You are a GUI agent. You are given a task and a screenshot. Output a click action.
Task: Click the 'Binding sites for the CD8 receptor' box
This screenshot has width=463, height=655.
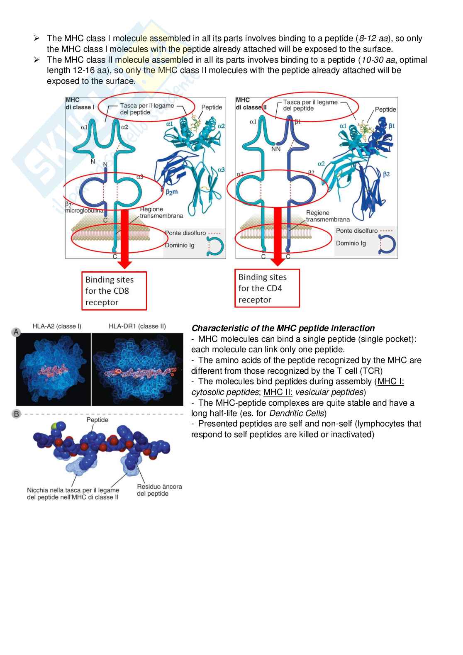(x=114, y=291)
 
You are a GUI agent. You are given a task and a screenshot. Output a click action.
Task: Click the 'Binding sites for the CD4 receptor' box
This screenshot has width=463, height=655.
(x=267, y=288)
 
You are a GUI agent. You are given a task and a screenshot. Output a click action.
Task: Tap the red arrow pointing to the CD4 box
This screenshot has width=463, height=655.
(x=278, y=236)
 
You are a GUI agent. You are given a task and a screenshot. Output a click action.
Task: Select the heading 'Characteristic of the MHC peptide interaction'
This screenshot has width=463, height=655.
(x=283, y=328)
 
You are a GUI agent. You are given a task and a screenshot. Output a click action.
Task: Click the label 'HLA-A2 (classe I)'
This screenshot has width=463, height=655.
(x=57, y=326)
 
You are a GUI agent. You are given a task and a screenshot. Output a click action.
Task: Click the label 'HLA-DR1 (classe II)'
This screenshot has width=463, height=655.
(x=137, y=326)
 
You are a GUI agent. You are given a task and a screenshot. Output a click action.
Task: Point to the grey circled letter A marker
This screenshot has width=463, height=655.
(x=16, y=332)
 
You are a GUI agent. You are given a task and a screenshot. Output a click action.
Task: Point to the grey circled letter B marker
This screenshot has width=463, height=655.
(x=16, y=414)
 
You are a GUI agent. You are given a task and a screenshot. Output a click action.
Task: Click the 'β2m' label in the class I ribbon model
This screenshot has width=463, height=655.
(x=172, y=192)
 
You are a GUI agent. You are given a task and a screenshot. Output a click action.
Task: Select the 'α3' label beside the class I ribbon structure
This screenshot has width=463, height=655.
(x=221, y=170)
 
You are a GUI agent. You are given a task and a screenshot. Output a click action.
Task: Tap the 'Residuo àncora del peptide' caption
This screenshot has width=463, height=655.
(x=159, y=490)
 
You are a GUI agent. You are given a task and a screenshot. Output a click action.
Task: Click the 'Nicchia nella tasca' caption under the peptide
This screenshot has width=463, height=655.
(x=73, y=494)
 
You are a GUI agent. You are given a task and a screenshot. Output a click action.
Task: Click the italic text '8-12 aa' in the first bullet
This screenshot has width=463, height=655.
(x=373, y=38)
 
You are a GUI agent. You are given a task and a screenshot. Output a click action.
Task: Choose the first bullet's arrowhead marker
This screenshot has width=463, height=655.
(x=37, y=38)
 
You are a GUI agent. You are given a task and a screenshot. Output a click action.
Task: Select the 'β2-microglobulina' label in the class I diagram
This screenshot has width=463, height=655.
(x=83, y=207)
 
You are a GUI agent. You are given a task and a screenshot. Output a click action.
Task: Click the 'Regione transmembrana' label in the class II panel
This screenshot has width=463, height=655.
(x=328, y=216)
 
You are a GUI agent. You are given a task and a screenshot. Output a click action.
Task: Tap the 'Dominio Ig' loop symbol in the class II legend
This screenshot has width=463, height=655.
(x=387, y=244)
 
